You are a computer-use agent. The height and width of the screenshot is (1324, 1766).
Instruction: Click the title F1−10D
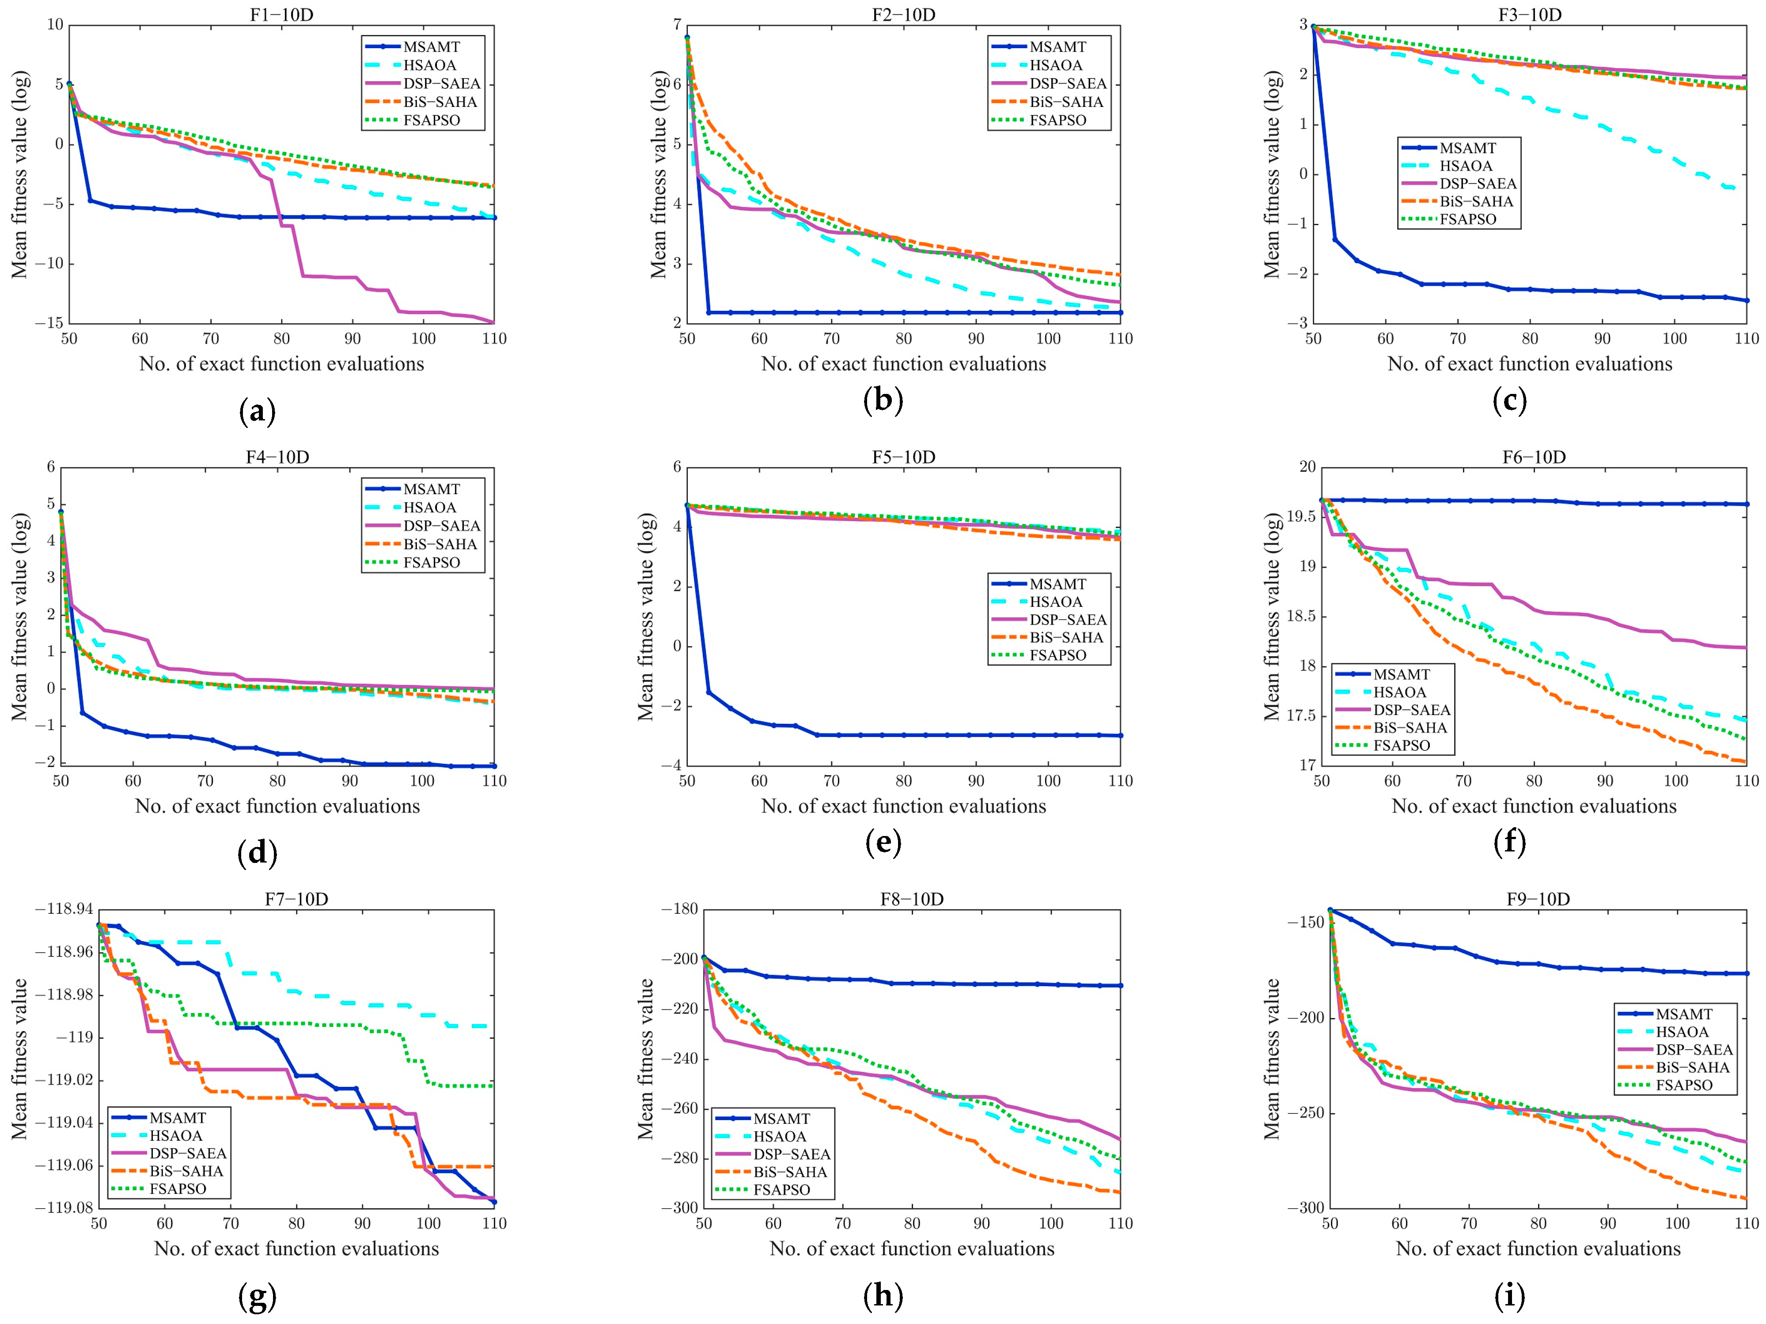(281, 15)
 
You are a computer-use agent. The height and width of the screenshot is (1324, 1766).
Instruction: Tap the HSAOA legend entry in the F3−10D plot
(1466, 166)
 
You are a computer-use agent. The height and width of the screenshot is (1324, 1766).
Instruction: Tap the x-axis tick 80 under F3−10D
(1530, 338)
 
